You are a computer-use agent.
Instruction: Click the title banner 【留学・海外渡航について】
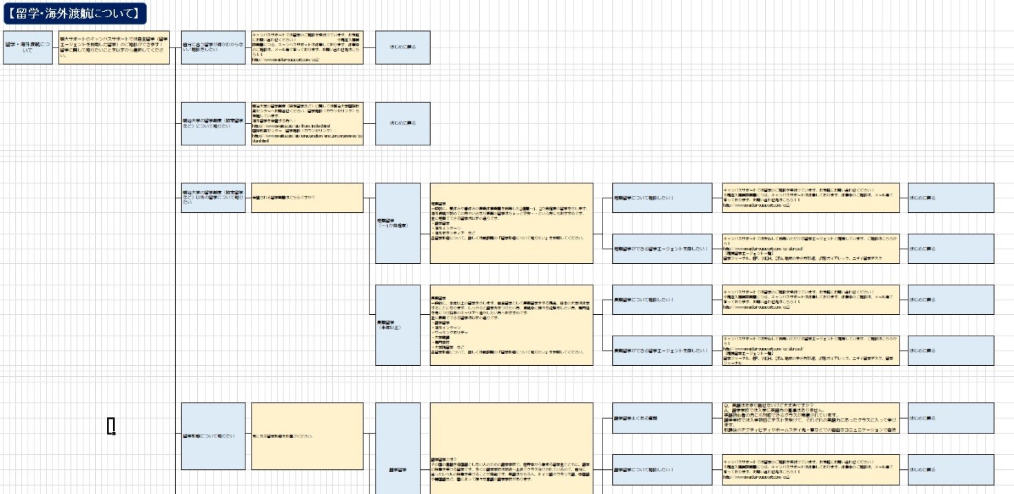click(74, 12)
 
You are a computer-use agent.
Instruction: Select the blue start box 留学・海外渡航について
click(28, 48)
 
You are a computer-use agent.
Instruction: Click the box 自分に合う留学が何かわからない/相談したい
click(213, 48)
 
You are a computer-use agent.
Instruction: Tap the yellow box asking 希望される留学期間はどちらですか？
click(307, 198)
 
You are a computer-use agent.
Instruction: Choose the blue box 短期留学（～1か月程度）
click(398, 223)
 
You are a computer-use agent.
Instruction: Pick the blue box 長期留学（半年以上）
click(398, 325)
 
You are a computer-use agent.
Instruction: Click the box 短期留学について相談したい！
click(662, 198)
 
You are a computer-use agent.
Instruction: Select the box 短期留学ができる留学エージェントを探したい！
click(662, 249)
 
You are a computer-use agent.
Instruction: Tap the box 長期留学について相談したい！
click(662, 300)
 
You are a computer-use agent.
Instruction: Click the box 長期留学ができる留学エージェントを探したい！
click(662, 351)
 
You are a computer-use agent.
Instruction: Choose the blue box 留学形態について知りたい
click(213, 436)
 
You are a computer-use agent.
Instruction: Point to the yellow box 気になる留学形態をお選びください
click(307, 436)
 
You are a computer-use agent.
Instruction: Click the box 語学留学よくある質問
click(662, 418)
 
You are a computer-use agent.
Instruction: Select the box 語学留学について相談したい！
click(662, 469)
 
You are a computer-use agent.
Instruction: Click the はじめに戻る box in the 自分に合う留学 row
click(403, 48)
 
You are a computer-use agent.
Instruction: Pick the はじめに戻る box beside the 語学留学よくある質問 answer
click(951, 418)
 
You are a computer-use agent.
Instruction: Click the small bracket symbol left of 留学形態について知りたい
click(111, 426)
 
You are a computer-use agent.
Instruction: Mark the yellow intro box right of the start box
click(114, 48)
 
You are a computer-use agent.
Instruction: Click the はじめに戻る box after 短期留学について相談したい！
click(951, 198)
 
